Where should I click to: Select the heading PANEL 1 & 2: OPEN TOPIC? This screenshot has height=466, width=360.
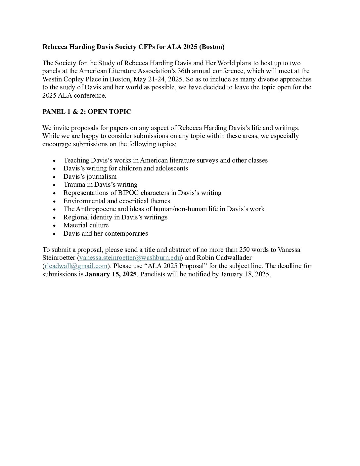point(87,112)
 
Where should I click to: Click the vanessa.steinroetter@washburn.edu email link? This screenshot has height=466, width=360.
point(130,258)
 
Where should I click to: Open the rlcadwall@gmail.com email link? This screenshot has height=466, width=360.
point(76,266)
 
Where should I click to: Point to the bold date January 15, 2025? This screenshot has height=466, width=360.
point(111,274)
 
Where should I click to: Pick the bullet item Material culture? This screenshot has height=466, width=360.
point(86,225)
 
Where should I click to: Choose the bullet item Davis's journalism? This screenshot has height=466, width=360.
point(90,177)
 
